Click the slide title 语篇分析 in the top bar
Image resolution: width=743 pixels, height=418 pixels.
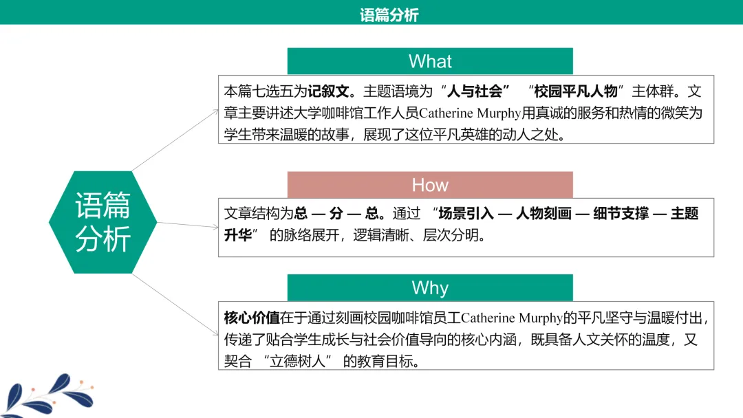(x=389, y=14)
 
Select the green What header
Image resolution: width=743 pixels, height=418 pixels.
(x=430, y=61)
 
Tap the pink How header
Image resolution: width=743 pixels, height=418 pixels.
(x=430, y=185)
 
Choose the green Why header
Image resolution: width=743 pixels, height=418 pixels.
(x=430, y=287)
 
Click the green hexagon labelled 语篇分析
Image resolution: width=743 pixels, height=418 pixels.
(x=103, y=221)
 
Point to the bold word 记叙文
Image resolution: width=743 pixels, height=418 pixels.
(x=330, y=91)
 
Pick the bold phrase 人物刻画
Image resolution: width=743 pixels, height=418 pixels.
(x=543, y=214)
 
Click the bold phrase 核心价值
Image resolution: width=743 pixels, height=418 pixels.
(x=252, y=318)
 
